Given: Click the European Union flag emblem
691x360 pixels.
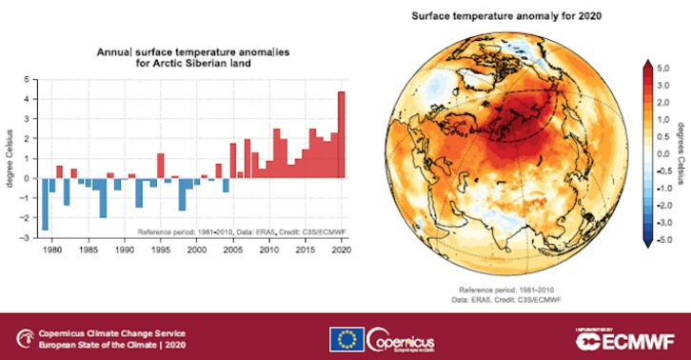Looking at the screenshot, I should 345,339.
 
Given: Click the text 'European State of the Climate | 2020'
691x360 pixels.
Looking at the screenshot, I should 101,345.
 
